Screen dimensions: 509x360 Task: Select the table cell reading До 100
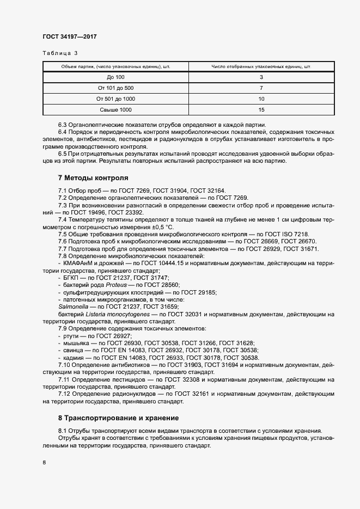click(115, 77)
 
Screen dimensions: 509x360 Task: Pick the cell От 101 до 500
click(115, 88)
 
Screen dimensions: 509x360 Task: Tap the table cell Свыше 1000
click(115, 110)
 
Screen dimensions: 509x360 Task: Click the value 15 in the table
click(261, 110)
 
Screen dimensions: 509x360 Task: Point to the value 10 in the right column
click(261, 99)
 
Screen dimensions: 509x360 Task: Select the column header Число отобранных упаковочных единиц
click(261, 66)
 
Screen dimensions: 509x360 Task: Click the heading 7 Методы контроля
click(93, 177)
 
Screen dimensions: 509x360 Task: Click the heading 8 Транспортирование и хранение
click(118, 418)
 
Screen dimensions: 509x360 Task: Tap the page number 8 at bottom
click(44, 463)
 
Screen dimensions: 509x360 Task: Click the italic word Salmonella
click(72, 307)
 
